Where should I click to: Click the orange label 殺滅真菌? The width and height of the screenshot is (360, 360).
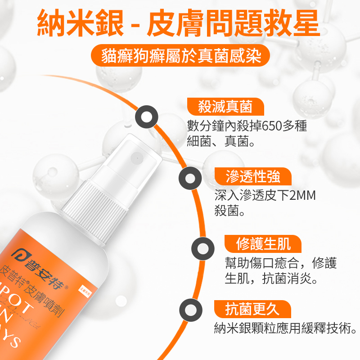pos(225,107)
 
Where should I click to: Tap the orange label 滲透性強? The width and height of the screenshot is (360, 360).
pos(253,176)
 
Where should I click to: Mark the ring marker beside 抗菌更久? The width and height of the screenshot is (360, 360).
pos(191,310)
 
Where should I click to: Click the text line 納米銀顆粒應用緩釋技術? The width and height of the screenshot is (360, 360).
pos(285,328)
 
